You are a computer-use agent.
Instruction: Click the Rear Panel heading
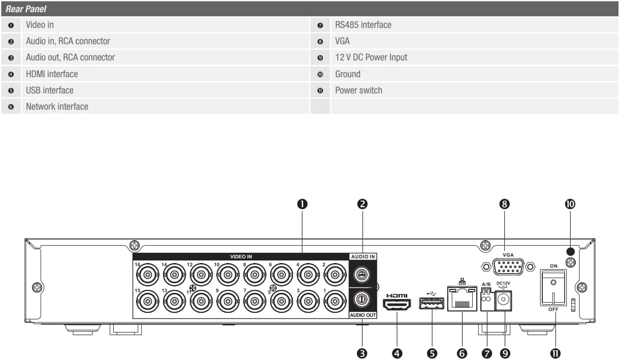[26, 9]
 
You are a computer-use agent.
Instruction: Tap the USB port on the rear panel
[431, 304]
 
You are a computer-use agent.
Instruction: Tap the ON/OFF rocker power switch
[553, 287]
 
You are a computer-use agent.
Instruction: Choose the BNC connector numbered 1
[334, 300]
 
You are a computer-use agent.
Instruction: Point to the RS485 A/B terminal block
[486, 300]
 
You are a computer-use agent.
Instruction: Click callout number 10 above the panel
[570, 204]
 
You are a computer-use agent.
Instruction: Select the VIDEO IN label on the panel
[241, 257]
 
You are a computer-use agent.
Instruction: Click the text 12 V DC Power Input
[371, 57]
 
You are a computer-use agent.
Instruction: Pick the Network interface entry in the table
[57, 107]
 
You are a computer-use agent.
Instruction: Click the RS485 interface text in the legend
[363, 24]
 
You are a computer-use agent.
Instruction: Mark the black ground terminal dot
[570, 251]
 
